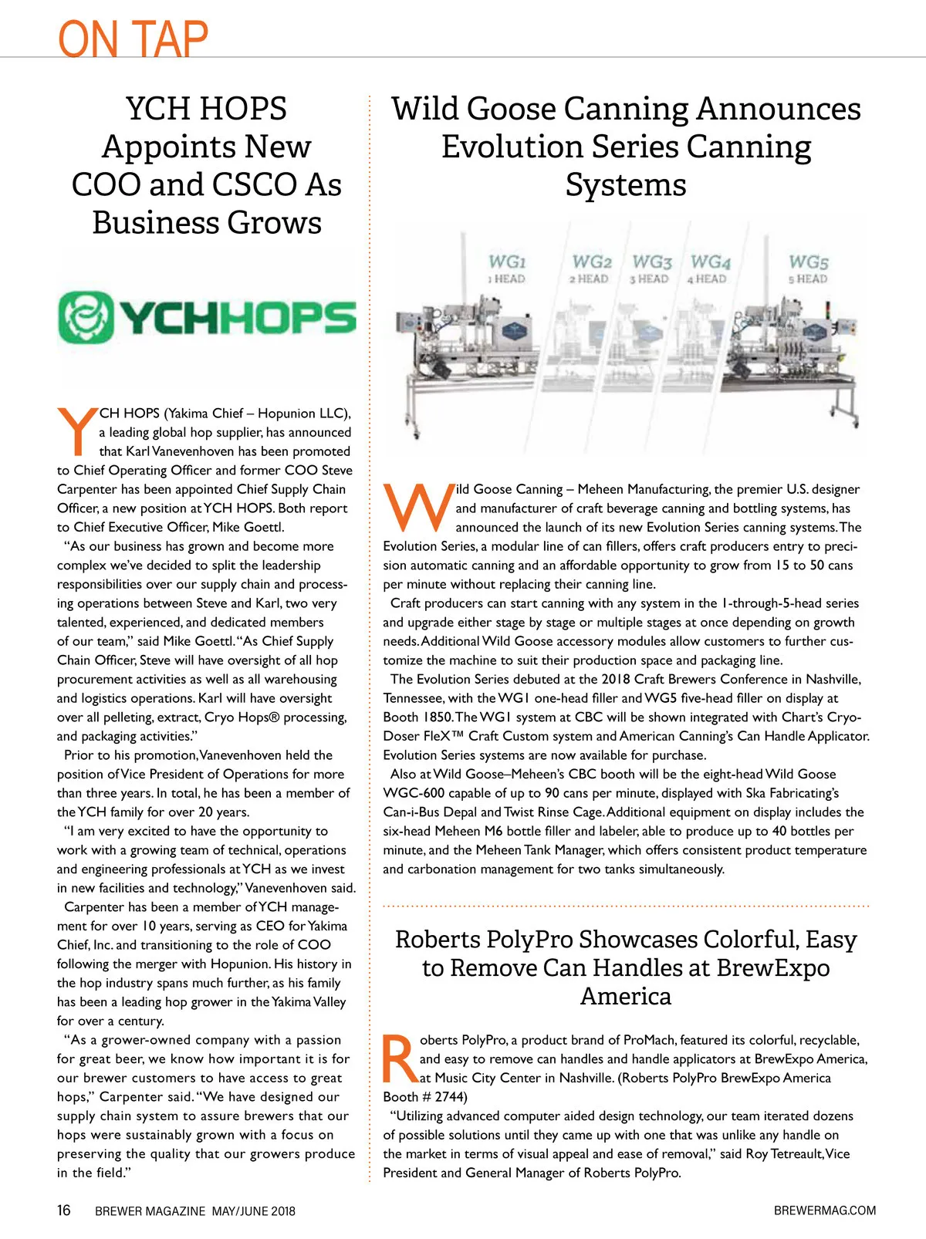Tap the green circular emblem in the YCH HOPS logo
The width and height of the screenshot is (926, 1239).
tap(86, 317)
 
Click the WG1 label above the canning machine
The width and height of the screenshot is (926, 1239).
tap(507, 262)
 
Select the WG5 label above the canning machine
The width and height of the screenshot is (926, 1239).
tap(808, 262)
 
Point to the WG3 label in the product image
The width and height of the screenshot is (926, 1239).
tap(652, 262)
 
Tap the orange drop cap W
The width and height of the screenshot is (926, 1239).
tap(418, 508)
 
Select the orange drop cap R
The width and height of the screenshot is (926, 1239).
tap(400, 1059)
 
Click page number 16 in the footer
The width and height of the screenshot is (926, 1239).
tap(64, 1210)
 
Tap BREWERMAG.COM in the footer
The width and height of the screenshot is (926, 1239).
tap(824, 1210)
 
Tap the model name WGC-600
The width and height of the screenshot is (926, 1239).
tap(415, 793)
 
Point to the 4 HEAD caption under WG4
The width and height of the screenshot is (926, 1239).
tap(707, 279)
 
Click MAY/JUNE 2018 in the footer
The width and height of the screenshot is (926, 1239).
tap(253, 1211)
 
